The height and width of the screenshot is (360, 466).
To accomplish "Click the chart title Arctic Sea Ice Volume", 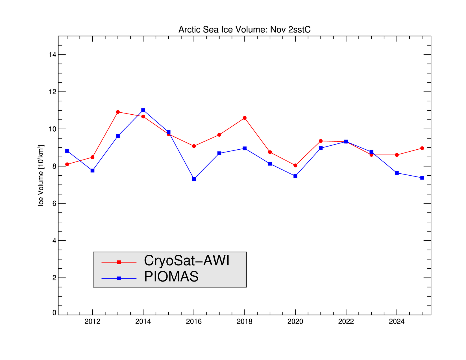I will click(x=244, y=30).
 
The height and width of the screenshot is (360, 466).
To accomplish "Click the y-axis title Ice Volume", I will click(x=41, y=176).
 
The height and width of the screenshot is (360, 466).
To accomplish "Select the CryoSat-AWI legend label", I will click(x=186, y=261).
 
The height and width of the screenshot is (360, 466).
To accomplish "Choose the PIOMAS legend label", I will click(x=171, y=277).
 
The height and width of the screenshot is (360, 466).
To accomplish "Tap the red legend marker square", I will click(x=119, y=262).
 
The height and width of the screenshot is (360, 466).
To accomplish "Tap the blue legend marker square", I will click(x=119, y=278).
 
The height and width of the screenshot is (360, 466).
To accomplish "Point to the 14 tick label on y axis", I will click(x=52, y=54).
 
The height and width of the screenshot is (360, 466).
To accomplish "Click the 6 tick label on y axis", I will click(x=54, y=203).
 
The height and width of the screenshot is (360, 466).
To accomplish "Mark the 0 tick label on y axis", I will click(x=54, y=313).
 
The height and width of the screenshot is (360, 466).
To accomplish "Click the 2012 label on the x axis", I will click(x=92, y=322).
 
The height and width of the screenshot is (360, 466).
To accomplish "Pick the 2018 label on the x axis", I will click(x=245, y=322).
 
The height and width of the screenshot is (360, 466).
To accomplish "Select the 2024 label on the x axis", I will click(x=397, y=322).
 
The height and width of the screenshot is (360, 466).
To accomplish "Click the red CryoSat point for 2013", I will click(x=118, y=112).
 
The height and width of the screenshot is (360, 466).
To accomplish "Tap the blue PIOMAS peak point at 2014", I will click(x=143, y=110).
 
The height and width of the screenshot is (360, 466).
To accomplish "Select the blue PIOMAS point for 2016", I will click(x=194, y=179).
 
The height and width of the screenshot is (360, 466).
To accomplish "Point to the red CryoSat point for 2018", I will click(x=245, y=118).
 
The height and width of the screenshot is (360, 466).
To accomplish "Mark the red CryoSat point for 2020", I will click(x=295, y=165).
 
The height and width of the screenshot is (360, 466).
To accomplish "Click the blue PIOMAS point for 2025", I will click(x=422, y=178).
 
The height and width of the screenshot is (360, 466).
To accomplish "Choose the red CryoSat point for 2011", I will click(x=67, y=164).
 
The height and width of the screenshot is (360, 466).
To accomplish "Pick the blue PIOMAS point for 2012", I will click(x=92, y=171).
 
